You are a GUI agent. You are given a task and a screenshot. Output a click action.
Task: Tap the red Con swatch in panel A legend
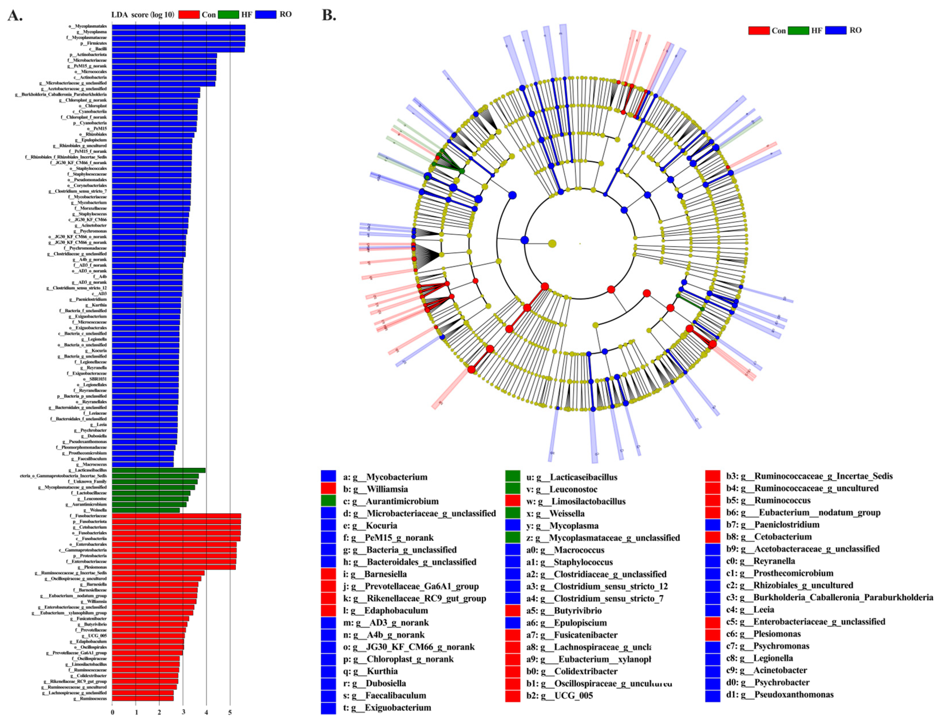[x=189, y=15]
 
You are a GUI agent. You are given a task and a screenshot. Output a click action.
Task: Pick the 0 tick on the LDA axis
[x=112, y=712]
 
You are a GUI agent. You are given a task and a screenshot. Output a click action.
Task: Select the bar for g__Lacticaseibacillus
[x=159, y=470]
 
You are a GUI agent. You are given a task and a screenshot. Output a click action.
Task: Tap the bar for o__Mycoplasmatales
[x=179, y=27]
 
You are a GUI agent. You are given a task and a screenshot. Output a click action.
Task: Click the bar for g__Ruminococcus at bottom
[x=143, y=698]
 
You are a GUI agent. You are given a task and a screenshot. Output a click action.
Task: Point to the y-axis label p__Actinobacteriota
[x=88, y=55]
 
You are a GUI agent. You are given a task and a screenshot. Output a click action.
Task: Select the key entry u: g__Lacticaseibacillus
[x=571, y=477]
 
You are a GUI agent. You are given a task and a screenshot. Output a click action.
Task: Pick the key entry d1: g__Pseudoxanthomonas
[x=786, y=694]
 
